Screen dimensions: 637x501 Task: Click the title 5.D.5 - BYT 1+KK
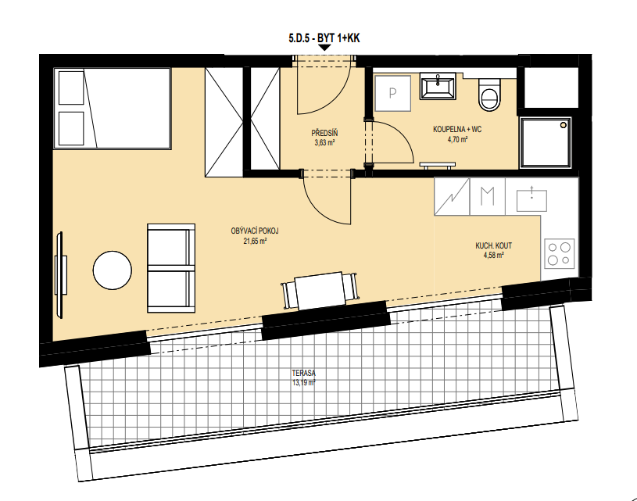[x=324, y=38]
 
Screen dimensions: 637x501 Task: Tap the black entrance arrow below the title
[x=324, y=48]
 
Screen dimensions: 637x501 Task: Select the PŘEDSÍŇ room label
[x=324, y=133]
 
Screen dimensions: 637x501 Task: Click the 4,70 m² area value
[x=457, y=139]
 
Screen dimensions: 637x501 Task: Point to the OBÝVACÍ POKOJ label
[x=255, y=231]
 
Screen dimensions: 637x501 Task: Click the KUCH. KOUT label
[x=494, y=245]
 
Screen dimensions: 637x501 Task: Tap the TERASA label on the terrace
[x=303, y=373]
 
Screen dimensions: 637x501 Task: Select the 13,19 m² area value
[x=303, y=383]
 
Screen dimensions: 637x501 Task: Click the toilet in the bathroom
[x=489, y=95]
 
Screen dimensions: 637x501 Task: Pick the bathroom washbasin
[x=438, y=86]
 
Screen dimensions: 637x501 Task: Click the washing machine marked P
[x=392, y=94]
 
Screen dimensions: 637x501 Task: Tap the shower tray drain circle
[x=564, y=125]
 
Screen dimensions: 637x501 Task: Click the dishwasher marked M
[x=488, y=196]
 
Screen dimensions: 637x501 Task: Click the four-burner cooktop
[x=560, y=253]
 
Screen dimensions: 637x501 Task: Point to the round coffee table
[x=112, y=270]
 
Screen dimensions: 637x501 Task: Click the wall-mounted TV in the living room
[x=60, y=274]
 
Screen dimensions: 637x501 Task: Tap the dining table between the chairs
[x=320, y=290]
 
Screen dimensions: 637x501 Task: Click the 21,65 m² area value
[x=255, y=241]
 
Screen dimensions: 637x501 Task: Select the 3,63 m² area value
[x=324, y=142]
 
